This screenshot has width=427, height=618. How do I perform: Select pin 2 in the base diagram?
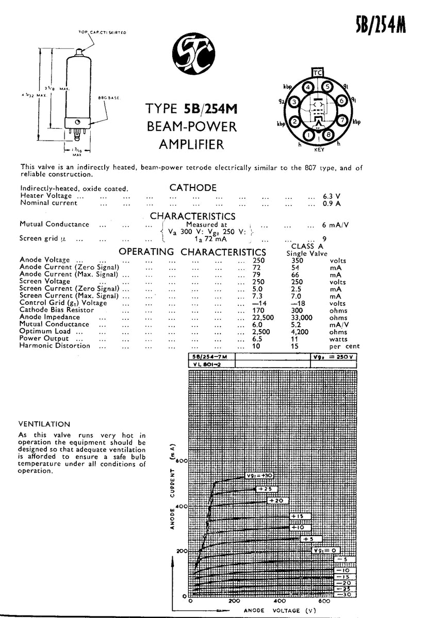coord(294,122)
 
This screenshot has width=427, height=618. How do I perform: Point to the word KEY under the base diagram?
coord(319,150)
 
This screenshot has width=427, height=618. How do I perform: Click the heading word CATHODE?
coord(193,188)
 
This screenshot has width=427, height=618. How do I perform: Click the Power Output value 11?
coord(295,339)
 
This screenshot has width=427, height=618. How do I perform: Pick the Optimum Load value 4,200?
coord(300,332)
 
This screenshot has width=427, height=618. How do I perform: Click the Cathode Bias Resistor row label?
coord(57,310)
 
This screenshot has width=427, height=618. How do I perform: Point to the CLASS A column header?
coord(307,246)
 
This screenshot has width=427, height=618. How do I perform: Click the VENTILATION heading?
coord(44,424)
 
